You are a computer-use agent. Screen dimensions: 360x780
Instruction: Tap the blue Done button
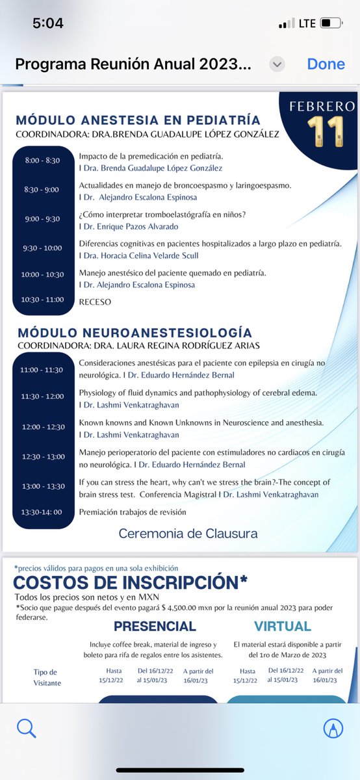326,64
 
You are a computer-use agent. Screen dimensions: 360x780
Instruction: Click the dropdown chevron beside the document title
277,64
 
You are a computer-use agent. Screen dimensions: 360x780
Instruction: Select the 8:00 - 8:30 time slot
42,160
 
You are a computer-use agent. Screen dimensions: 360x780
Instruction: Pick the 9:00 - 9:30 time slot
42,219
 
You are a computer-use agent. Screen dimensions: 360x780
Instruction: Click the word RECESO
95,302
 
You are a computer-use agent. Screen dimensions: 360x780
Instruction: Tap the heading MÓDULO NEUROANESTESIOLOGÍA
135,332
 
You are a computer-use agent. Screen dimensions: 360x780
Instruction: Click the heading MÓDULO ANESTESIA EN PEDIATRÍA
138,120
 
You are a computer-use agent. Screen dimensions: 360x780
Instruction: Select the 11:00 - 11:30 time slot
42,369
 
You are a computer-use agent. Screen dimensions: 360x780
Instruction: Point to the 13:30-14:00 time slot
42,512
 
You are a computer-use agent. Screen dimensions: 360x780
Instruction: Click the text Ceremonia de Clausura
188,534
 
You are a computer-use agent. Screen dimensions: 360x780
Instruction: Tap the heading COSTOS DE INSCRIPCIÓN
130,582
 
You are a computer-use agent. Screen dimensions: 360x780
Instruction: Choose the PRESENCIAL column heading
155,627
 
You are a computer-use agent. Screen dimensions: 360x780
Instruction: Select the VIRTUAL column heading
283,627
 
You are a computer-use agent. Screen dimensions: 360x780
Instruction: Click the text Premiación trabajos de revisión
133,512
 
